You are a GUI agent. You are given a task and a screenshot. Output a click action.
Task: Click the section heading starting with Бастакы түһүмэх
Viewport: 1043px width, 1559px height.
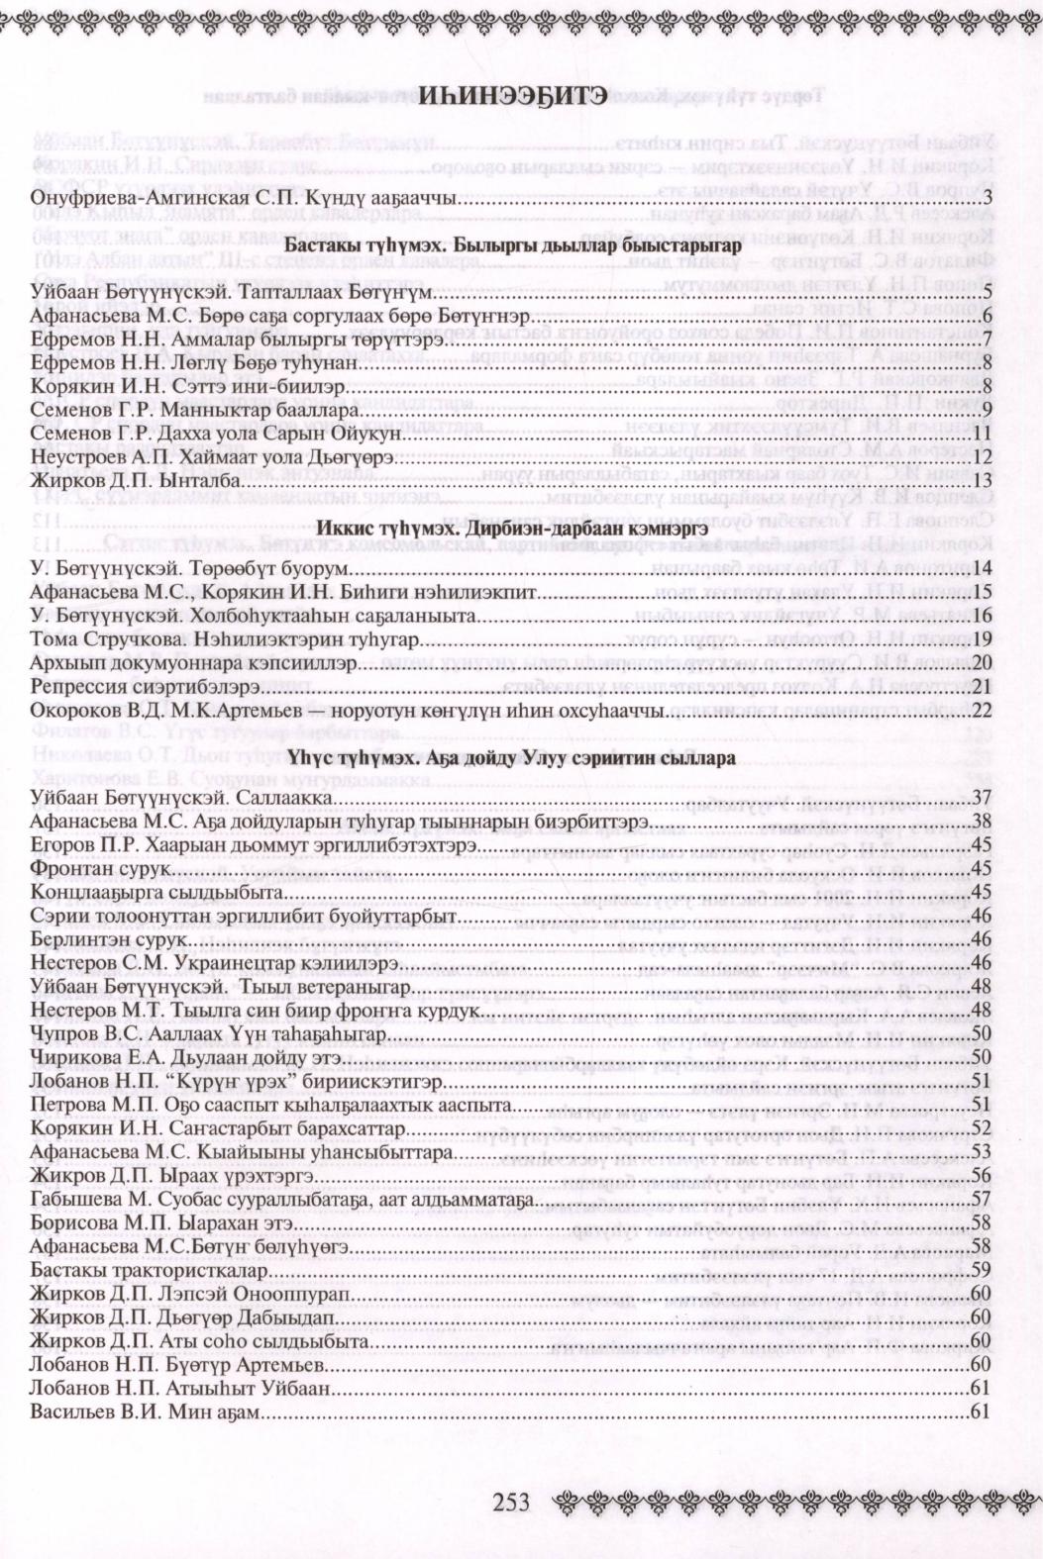coord(511,245)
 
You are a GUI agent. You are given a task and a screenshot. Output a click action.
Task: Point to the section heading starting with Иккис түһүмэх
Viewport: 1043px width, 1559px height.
coord(511,525)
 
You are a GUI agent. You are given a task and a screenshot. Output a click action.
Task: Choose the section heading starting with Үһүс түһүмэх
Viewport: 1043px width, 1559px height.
coord(511,758)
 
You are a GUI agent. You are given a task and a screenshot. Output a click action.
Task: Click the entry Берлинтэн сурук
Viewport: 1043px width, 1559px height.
coord(109,939)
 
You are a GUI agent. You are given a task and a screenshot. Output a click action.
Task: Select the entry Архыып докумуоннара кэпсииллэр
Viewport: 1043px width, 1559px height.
coord(192,662)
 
